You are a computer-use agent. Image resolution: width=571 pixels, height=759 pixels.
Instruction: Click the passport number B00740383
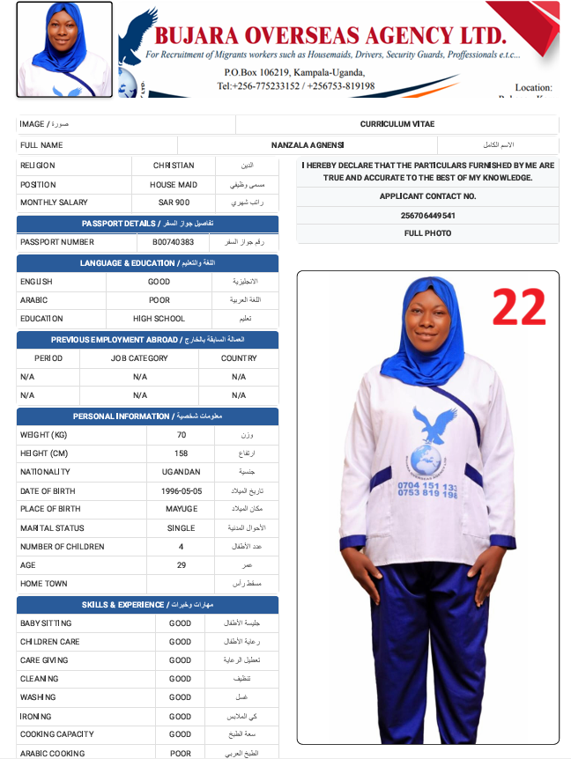tap(173, 242)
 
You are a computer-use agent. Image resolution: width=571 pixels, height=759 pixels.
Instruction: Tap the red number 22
tap(519, 307)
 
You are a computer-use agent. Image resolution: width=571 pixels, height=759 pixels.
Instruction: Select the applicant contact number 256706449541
tap(427, 216)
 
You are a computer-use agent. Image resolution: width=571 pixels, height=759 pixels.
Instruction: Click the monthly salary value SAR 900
tap(174, 203)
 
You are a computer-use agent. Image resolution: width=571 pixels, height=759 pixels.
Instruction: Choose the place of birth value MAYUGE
tap(181, 509)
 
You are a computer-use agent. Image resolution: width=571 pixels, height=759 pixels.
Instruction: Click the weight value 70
tap(181, 435)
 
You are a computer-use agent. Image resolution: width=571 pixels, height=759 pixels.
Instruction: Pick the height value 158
tap(181, 453)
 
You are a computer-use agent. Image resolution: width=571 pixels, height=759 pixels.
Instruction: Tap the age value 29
tap(181, 565)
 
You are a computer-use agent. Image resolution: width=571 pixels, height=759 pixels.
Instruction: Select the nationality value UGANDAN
tap(181, 472)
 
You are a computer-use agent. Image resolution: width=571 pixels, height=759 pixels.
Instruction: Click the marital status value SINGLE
tap(181, 528)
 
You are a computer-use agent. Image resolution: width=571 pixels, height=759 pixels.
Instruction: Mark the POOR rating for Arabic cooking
tap(180, 753)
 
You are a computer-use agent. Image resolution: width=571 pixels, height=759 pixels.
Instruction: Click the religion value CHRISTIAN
tap(174, 166)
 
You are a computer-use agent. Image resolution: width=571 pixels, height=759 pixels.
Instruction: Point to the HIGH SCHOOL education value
tap(159, 319)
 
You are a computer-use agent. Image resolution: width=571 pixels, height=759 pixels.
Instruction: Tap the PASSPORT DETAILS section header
tap(147, 224)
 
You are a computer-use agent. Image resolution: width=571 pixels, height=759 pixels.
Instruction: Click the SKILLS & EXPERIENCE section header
tap(147, 605)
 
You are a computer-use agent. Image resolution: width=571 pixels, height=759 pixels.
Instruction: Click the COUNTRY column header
tap(239, 358)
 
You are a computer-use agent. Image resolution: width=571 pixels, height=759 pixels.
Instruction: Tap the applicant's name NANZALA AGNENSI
tap(308, 145)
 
